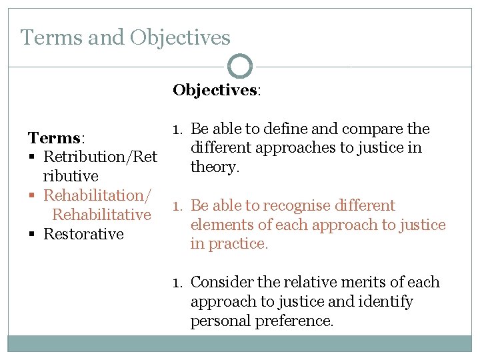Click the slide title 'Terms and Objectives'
pyautogui.click(x=125, y=37)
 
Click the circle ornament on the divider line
pyautogui.click(x=240, y=67)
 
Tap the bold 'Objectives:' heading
pyautogui.click(x=217, y=90)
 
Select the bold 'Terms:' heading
pyautogui.click(x=55, y=138)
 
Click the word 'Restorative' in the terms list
pyautogui.click(x=83, y=234)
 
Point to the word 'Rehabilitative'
pyautogui.click(x=101, y=215)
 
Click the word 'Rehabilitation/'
pyautogui.click(x=97, y=195)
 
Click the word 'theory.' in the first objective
pyautogui.click(x=215, y=167)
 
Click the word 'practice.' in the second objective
pyautogui.click(x=238, y=244)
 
